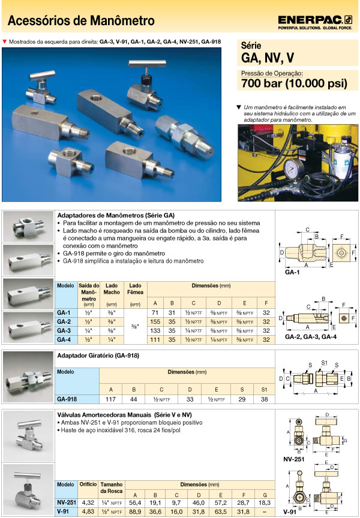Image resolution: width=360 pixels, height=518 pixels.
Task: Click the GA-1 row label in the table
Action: tap(64, 313)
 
